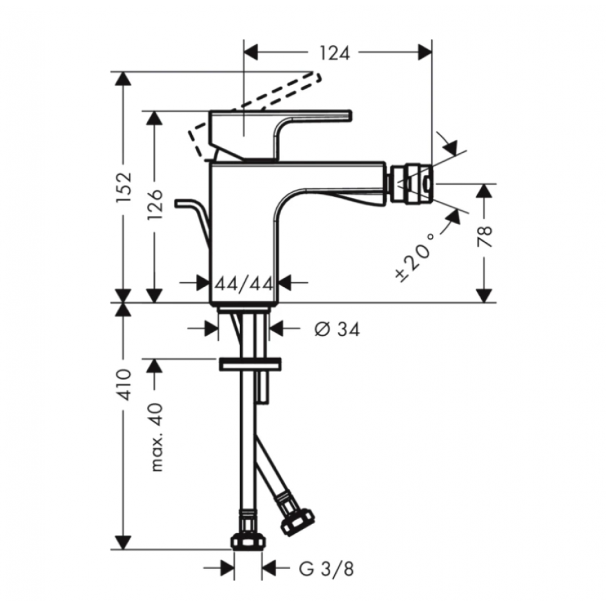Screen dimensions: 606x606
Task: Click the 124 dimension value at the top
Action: [x=335, y=53]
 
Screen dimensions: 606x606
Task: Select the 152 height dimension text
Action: [x=125, y=187]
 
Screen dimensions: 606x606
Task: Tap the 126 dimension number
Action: [x=155, y=204]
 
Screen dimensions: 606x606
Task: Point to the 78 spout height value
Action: [x=484, y=236]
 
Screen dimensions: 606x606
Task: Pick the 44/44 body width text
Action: [x=244, y=284]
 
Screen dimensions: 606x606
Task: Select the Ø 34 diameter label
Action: [x=337, y=329]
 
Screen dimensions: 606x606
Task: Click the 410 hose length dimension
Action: [x=125, y=385]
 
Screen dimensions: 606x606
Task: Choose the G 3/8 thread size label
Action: [x=326, y=569]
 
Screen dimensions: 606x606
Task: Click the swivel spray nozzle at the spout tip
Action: [x=412, y=184]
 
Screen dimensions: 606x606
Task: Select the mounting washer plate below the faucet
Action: [x=250, y=364]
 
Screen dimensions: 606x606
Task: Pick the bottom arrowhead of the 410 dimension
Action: [x=124, y=542]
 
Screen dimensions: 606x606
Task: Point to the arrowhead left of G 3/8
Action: [x=228, y=568]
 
